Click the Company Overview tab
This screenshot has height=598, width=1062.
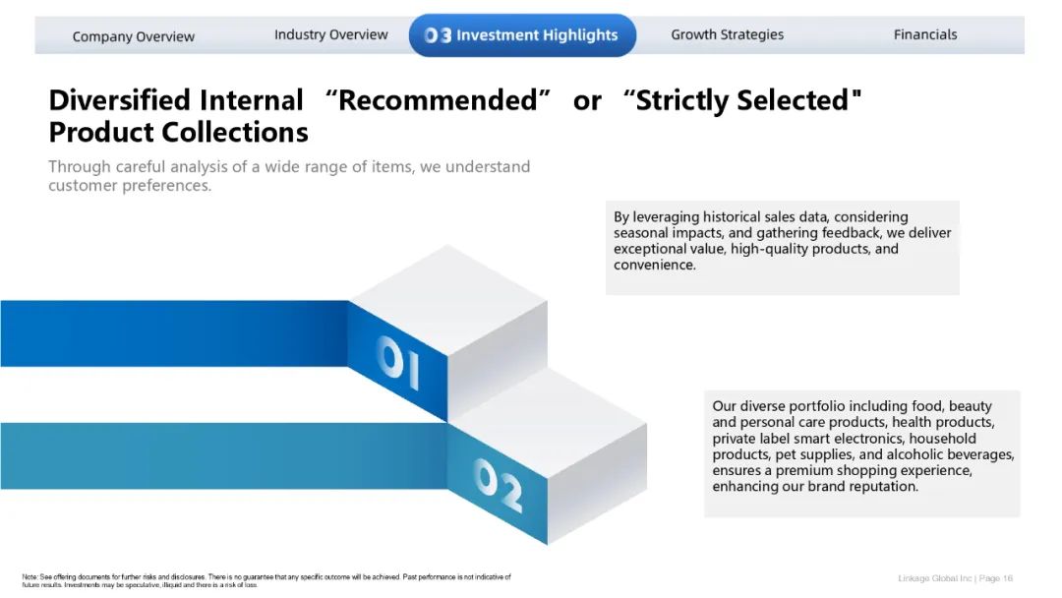134,36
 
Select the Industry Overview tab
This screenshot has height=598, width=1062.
330,34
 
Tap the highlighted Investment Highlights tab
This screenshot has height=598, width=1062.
522,35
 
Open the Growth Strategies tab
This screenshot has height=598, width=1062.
727,34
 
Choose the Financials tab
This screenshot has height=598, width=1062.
925,34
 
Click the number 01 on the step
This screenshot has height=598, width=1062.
398,362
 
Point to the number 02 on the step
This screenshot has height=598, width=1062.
498,484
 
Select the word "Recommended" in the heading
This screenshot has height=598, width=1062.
438,100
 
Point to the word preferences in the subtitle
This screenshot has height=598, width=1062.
166,186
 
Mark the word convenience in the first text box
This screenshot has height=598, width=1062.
655,265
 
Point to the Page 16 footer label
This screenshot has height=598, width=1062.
995,578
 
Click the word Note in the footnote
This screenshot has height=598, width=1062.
29,577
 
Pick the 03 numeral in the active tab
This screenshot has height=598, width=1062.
438,35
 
